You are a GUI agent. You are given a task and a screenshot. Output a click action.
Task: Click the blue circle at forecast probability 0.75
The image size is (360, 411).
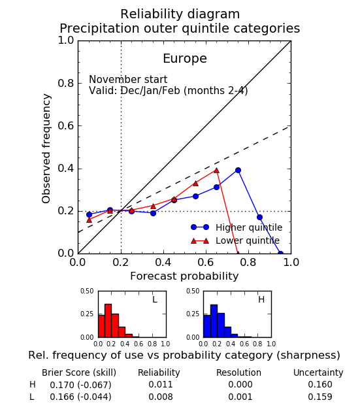coord(238,171)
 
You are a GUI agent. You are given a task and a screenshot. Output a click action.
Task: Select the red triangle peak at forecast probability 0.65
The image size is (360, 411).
coord(216,171)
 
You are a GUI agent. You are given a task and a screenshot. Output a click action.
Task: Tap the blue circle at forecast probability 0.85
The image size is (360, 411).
coord(259,218)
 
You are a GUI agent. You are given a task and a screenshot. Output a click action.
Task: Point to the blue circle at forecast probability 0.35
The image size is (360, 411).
coord(153,214)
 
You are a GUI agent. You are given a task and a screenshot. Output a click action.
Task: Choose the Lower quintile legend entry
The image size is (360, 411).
coord(235,240)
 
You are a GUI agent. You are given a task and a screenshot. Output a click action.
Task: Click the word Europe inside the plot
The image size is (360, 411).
coord(185,58)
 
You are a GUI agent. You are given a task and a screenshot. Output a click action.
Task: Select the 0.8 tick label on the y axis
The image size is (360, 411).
coord(66,84)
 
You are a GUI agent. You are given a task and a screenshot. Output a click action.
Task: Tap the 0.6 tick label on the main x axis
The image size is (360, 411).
coord(206,263)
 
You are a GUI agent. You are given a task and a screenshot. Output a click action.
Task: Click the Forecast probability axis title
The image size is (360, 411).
coord(184,276)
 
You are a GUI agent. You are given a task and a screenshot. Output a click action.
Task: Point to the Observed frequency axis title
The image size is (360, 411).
coord(46,148)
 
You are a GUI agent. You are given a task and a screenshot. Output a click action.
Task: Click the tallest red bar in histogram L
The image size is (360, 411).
coord(108,321)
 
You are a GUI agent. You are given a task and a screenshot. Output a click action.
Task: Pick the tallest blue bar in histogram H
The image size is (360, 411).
coord(214,321)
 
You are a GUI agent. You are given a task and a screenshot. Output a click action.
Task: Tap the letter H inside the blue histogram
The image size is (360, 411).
coord(261,299)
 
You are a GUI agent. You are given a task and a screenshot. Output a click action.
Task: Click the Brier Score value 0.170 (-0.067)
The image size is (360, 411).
coord(81,385)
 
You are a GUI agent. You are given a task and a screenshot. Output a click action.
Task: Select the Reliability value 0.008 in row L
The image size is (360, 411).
coord(161,397)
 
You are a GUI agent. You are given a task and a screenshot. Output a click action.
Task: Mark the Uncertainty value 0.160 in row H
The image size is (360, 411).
coord(320,384)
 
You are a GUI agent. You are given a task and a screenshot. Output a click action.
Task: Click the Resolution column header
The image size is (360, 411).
coord(238,372)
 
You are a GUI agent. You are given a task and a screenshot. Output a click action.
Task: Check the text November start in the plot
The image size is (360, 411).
coord(128,79)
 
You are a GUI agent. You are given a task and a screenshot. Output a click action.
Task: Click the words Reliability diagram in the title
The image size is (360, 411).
coord(180,14)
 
